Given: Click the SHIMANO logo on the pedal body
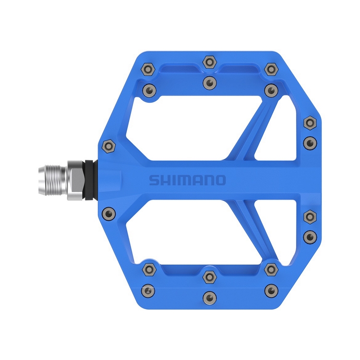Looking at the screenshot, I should coord(187,180).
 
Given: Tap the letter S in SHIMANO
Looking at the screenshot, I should coord(153,180).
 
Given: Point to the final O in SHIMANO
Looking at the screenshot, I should coord(219,180).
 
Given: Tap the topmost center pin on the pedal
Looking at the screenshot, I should coord(209,61).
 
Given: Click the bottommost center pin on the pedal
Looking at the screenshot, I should coord(209,296).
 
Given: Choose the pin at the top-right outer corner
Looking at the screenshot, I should coord(271,69).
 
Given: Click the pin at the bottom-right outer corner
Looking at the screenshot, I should coord(271,289).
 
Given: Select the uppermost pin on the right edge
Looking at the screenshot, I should coord(310,122).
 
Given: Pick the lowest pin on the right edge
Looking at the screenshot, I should coord(310,236).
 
